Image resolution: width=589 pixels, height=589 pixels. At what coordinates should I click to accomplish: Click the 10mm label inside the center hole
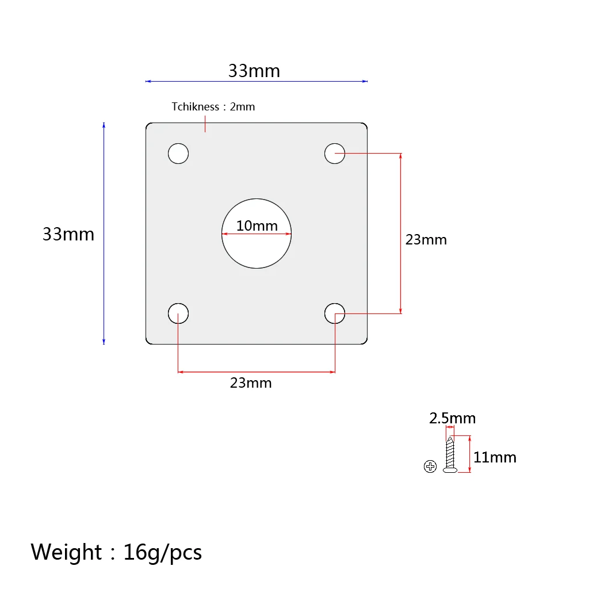(x=257, y=225)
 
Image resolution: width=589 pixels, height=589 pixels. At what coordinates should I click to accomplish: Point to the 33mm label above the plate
(x=254, y=71)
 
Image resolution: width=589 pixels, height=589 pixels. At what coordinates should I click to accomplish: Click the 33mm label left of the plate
(x=68, y=234)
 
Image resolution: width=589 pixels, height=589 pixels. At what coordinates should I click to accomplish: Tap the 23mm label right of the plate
(x=426, y=240)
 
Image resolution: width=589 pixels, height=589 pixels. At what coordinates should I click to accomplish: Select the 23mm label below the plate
(x=251, y=383)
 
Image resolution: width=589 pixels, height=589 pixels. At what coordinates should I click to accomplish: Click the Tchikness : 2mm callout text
(x=213, y=106)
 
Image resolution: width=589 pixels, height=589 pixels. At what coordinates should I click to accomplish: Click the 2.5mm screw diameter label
(x=452, y=418)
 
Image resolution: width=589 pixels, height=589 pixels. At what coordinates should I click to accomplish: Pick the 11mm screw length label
(x=495, y=457)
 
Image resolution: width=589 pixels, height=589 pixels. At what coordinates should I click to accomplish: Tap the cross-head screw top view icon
(x=430, y=466)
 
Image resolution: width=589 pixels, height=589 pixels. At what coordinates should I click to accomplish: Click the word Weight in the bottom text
(x=66, y=552)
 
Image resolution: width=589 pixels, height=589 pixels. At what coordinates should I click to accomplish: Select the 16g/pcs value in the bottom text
(x=162, y=553)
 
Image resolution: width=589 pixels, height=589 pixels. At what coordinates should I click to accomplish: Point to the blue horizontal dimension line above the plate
(x=256, y=81)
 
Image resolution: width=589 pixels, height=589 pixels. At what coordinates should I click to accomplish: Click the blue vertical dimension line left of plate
(x=104, y=234)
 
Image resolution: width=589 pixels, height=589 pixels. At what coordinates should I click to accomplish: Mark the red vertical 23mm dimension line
(x=400, y=234)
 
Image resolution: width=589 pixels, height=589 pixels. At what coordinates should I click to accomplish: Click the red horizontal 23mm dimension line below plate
(x=256, y=372)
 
